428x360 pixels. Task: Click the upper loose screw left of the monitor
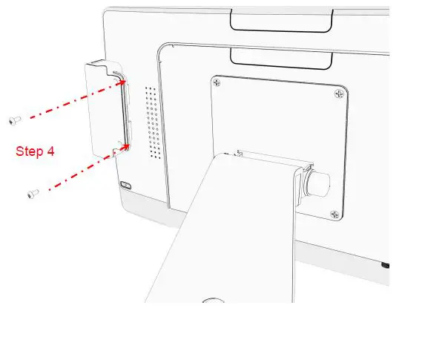tap(14, 119)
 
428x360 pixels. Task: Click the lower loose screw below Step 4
tap(33, 193)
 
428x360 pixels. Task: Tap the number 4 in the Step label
tap(50, 151)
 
